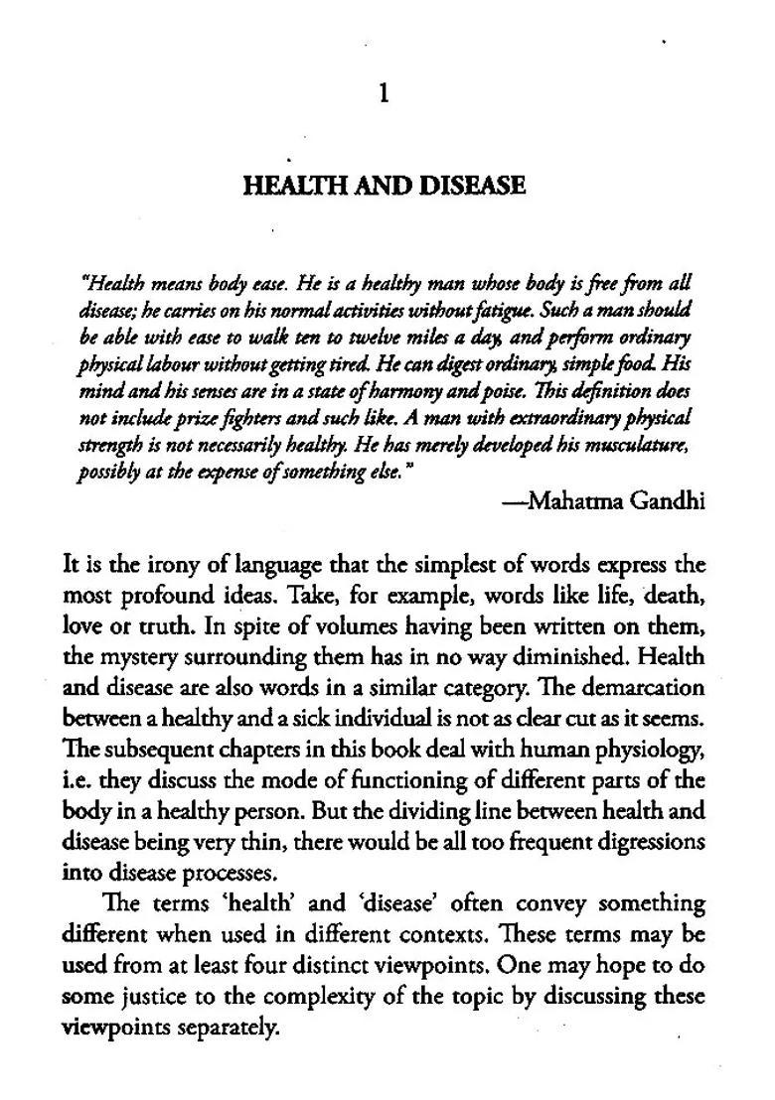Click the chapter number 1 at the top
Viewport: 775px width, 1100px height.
pyautogui.click(x=385, y=94)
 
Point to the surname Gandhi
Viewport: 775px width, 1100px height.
pyautogui.click(x=667, y=500)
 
